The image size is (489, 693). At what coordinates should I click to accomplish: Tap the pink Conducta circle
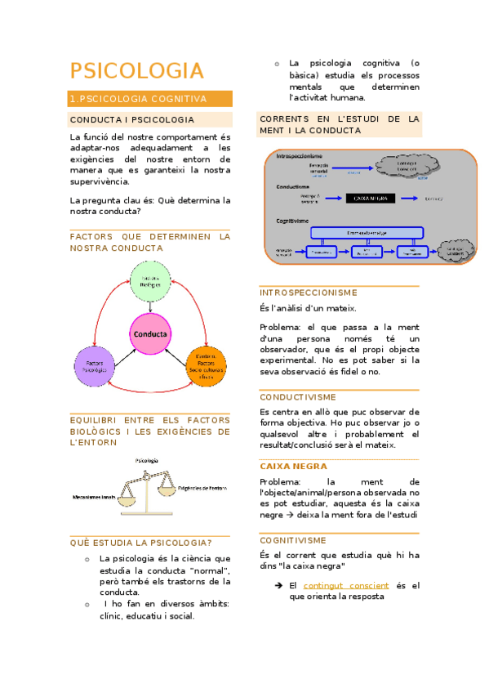149,334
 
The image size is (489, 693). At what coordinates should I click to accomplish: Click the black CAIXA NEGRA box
371,198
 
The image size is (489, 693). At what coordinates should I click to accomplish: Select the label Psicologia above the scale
148,462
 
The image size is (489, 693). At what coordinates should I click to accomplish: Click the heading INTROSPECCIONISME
308,293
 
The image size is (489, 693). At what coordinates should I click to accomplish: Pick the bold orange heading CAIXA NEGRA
293,466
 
